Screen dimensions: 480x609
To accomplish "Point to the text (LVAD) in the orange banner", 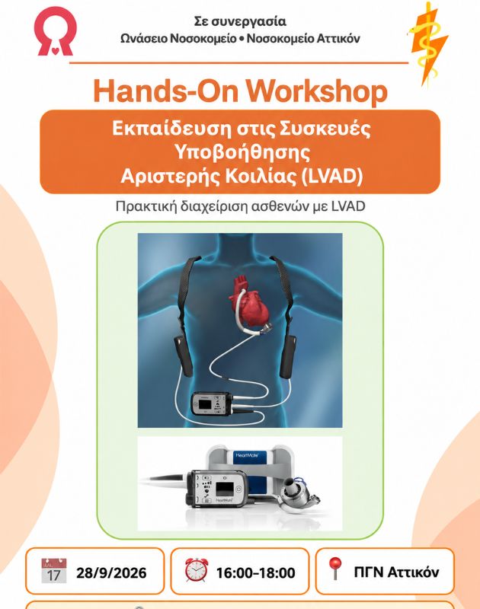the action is tap(332, 176).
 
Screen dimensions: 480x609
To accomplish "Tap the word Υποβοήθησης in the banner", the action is tap(242, 152).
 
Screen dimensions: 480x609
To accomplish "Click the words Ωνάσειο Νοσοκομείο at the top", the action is tap(178, 39).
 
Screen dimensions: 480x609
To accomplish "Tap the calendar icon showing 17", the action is tap(54, 570).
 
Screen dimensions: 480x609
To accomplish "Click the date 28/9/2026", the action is tap(111, 573).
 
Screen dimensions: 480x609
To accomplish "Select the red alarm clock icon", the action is tap(197, 569).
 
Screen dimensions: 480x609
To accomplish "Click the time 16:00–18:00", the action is tap(255, 573).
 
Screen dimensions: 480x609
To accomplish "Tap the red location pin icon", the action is tap(335, 569).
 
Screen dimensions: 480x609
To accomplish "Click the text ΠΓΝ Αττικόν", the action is tap(396, 572).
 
